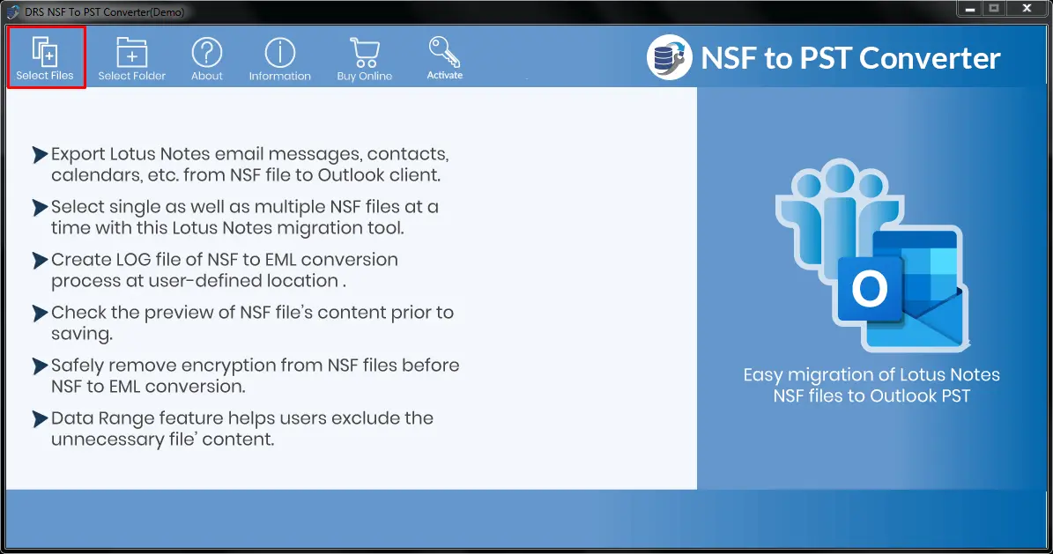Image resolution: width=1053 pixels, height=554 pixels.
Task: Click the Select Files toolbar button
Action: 46,58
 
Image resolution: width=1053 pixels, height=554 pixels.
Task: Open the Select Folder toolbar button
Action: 131,59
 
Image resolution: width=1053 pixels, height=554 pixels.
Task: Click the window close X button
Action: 1027,9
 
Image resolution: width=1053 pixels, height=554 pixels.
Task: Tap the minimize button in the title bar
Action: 969,9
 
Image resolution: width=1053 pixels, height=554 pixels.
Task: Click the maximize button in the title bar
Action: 995,9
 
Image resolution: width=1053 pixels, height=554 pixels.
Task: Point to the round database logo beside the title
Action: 670,57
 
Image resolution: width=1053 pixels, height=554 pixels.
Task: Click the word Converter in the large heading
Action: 930,58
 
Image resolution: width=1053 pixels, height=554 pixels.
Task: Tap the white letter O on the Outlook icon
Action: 870,289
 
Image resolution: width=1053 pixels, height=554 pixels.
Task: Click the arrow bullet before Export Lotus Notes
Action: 41,154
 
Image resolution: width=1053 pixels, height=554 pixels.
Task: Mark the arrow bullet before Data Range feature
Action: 41,419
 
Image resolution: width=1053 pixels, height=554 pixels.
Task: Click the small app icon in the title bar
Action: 12,11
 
